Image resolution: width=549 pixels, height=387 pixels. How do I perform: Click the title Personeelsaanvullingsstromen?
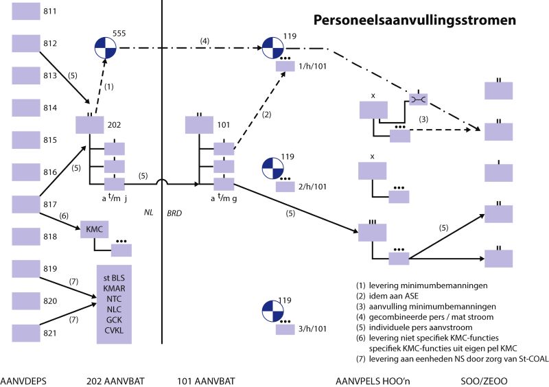[415, 21]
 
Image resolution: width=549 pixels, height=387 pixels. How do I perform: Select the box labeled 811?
[27, 12]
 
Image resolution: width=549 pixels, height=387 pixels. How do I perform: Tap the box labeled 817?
[27, 204]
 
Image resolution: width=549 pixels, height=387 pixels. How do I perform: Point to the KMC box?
[93, 229]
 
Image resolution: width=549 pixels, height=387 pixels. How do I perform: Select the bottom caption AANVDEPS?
[28, 379]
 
